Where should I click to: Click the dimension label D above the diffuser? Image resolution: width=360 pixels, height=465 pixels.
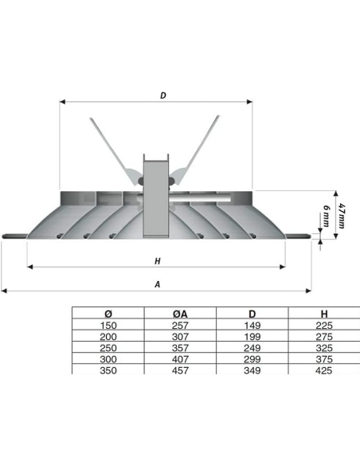(162, 96)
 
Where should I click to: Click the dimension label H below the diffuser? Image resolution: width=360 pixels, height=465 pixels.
(157, 260)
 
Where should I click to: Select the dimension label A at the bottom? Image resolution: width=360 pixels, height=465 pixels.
(158, 283)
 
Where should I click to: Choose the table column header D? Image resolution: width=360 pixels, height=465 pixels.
(251, 314)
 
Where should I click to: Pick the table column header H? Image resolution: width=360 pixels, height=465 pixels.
(323, 314)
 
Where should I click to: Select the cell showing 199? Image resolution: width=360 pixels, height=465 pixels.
(251, 338)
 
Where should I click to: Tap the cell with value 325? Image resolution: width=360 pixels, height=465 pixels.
(323, 348)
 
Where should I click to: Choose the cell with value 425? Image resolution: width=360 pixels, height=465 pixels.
(323, 370)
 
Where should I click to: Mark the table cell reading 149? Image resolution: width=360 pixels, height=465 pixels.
(251, 326)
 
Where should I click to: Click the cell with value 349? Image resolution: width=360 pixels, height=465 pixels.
(251, 370)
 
